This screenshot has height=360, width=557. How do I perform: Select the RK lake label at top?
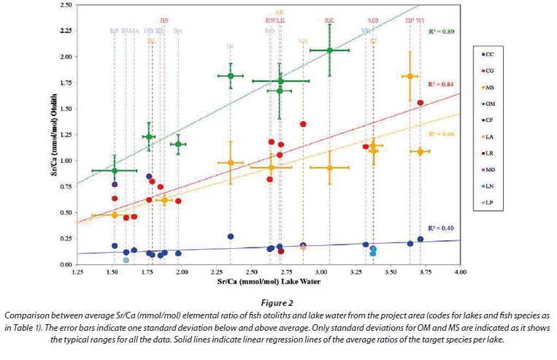pos(329,20)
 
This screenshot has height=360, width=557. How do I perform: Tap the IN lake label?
pos(230,47)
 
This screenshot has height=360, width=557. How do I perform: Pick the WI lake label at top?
pos(420,20)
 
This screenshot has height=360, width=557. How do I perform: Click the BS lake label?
pos(164,20)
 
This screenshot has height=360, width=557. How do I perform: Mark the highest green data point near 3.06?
pos(330,50)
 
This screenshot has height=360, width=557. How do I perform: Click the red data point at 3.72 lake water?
pos(420,103)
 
